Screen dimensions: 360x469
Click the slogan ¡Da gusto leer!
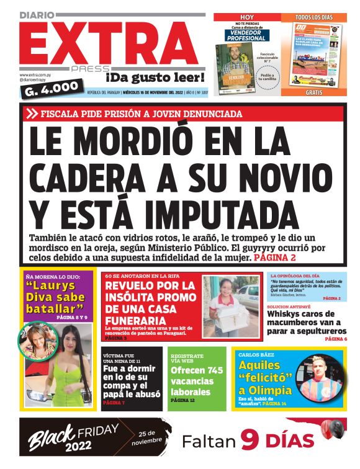tap(155, 77)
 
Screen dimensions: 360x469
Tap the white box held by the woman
tap(229, 319)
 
